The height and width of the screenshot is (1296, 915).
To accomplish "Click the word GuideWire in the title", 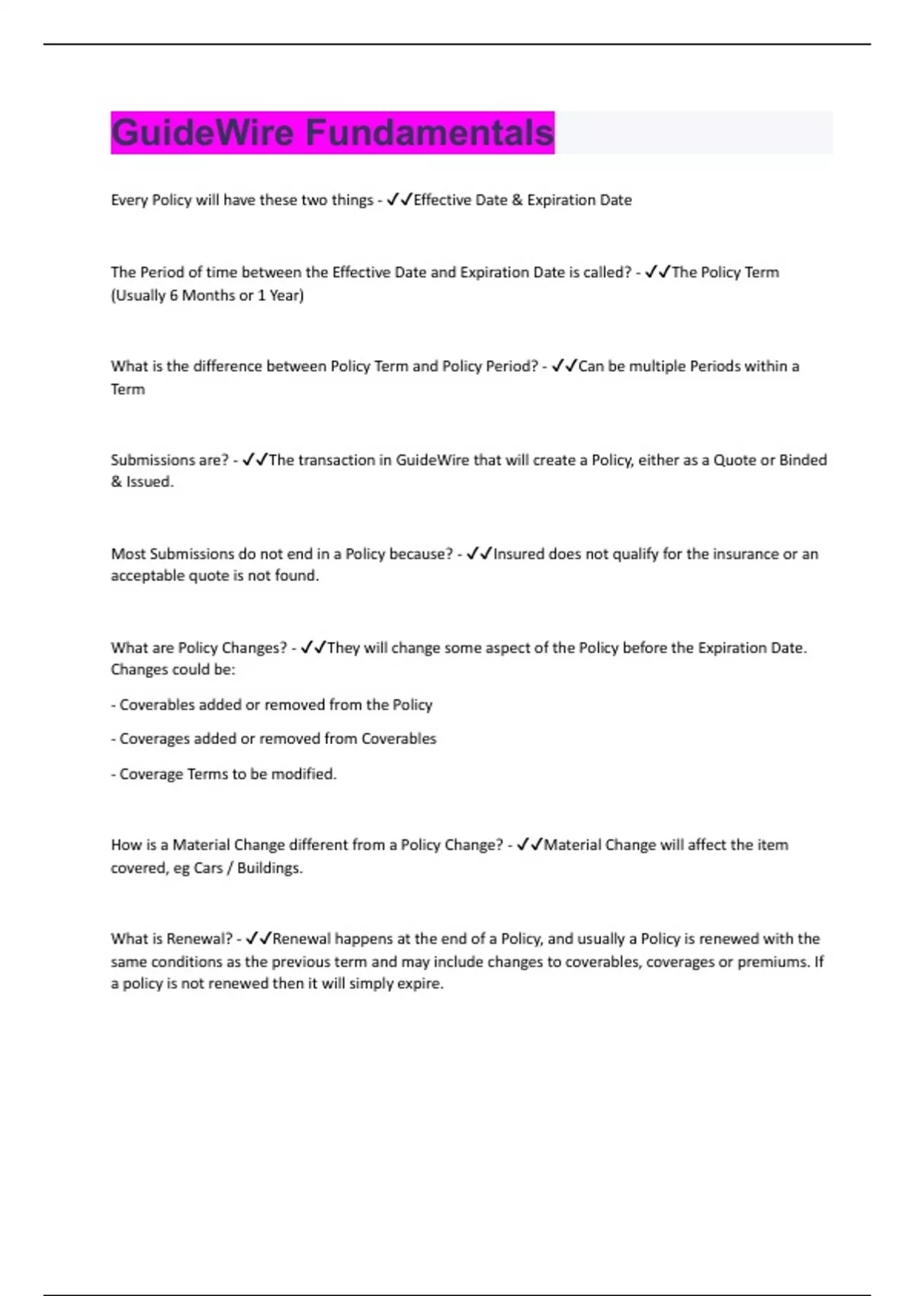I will pos(203,133).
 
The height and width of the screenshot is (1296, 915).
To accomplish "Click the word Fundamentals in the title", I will pos(429,133).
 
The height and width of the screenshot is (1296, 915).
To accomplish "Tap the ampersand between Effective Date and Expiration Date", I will pos(517,200).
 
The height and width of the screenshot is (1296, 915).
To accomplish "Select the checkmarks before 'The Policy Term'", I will pos(657,272).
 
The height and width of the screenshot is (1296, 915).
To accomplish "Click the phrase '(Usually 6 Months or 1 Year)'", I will pos(207,295).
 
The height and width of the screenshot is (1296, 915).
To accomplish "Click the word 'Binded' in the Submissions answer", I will pos(802,460).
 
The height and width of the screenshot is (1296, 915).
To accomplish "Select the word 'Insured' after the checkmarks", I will pos(518,553).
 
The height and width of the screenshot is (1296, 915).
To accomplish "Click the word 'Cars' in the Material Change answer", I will pos(208,868).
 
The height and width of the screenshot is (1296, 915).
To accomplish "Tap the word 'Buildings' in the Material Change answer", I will pos(268,868).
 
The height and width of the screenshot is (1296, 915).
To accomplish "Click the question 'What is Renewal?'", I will pos(172,938).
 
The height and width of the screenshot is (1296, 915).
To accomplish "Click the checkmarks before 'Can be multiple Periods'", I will pos(564,366).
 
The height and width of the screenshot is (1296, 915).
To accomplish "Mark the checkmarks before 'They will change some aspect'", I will pos(313,647).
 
